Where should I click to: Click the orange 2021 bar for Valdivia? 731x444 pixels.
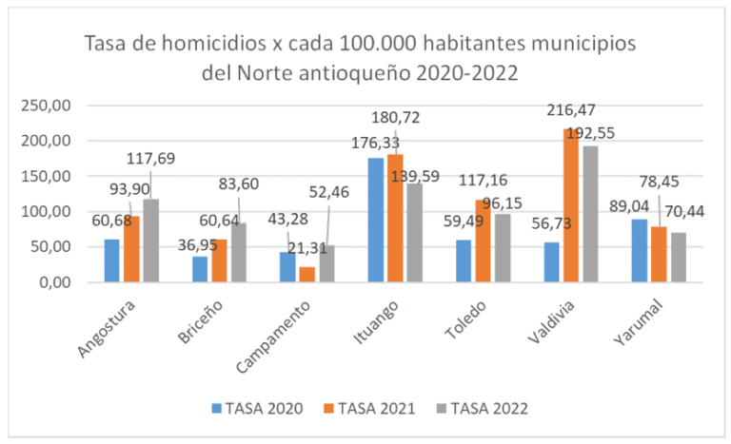click(570, 205)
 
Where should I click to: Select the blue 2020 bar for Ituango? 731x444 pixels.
click(376, 220)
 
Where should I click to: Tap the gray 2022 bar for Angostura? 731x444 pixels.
click(150, 241)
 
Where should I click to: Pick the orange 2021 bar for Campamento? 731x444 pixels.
click(306, 274)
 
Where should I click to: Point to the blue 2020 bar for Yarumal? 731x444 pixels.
click(639, 250)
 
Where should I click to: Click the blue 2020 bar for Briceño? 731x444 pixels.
click(200, 269)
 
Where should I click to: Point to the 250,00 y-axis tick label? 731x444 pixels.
click(49, 105)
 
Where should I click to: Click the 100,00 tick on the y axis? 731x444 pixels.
click(49, 211)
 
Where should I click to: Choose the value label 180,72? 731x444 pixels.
click(394, 118)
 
